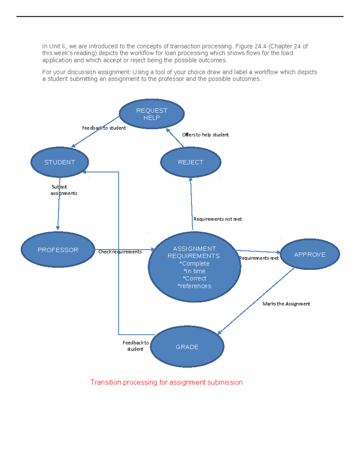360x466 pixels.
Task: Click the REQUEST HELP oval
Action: point(151,114)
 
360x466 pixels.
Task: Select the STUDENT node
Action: point(60,162)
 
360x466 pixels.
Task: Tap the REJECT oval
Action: point(190,162)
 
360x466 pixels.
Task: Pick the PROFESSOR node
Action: point(58,250)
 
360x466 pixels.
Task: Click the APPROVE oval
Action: point(310,254)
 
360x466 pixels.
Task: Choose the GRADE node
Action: point(187,347)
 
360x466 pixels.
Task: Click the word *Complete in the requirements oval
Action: point(194,263)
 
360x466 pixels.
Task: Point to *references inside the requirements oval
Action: point(194,286)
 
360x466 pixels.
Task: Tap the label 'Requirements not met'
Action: point(217,219)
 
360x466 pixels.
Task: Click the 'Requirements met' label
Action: point(259,258)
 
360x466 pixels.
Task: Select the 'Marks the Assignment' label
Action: point(286,304)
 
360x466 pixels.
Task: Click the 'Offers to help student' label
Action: point(205,135)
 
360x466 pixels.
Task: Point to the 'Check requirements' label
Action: point(120,252)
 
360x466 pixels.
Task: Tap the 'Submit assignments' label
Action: point(64,190)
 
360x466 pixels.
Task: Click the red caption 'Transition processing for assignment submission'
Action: point(166,382)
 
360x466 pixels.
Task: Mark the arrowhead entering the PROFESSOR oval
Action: point(58,228)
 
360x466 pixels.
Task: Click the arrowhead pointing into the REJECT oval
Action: point(190,179)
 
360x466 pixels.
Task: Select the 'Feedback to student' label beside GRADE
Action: point(136,346)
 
